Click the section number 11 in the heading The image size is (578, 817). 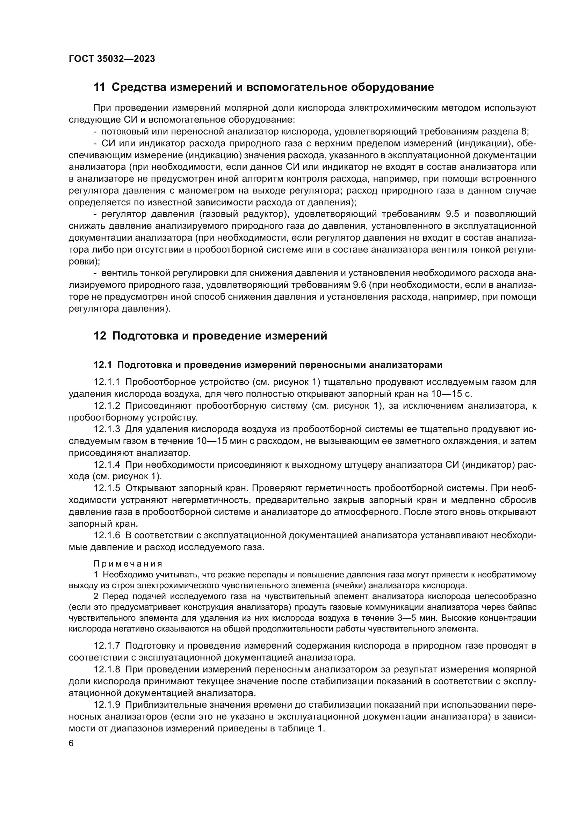tap(99, 87)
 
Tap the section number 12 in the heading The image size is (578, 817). tap(100, 336)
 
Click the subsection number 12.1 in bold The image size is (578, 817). tap(102, 365)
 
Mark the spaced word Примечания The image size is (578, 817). tap(128, 564)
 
